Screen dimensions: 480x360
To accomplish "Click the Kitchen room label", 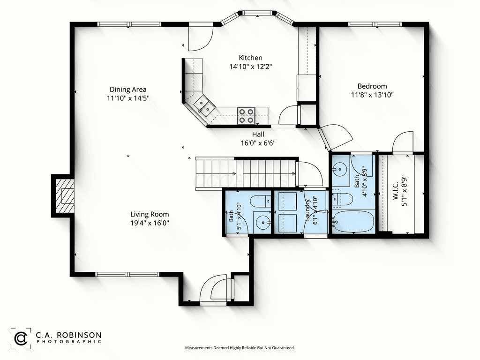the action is pyautogui.click(x=250, y=58).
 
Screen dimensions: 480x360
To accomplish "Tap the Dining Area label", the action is pyautogui.click(x=128, y=90).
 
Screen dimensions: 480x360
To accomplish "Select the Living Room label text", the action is pyautogui.click(x=150, y=214).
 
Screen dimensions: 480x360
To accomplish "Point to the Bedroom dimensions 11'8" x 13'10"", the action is pyautogui.click(x=372, y=95).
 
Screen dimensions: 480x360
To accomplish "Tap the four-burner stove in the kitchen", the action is pyautogui.click(x=247, y=116).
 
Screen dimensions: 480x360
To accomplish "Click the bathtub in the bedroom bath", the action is pyautogui.click(x=353, y=221).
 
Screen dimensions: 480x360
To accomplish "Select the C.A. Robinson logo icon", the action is pyautogui.click(x=21, y=338).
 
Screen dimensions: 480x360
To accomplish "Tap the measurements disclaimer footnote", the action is pyautogui.click(x=240, y=348).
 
